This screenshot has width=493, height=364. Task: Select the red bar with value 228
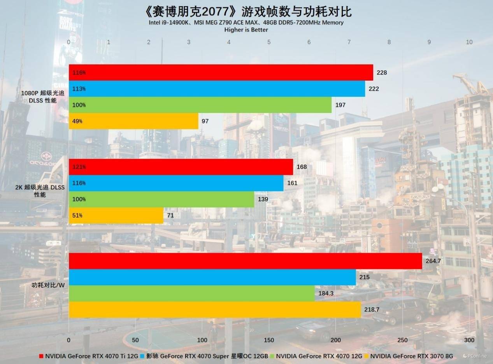(x=221, y=72)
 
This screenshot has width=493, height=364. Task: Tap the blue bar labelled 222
(x=217, y=89)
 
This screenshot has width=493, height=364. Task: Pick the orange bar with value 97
(x=133, y=121)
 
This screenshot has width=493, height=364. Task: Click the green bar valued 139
(x=161, y=199)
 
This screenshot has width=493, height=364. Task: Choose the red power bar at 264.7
(x=245, y=261)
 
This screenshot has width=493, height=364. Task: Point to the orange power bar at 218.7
(x=215, y=310)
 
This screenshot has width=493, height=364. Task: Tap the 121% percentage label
(x=79, y=167)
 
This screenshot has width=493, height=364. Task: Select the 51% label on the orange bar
(x=77, y=215)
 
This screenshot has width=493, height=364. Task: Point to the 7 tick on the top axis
(x=349, y=42)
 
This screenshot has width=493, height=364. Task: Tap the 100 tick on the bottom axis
(x=202, y=340)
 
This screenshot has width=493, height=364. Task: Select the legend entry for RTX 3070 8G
(x=409, y=356)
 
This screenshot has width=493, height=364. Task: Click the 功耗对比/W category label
(x=48, y=285)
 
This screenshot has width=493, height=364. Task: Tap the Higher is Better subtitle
(x=246, y=30)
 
